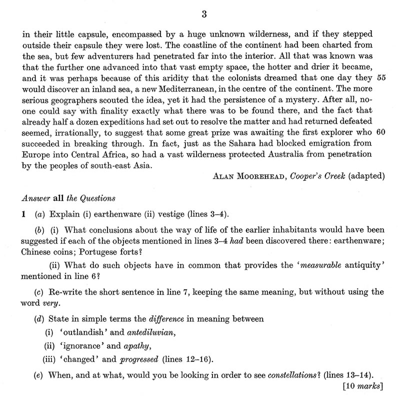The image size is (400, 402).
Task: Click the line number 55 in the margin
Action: point(382,78)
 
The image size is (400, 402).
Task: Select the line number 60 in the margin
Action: point(382,133)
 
